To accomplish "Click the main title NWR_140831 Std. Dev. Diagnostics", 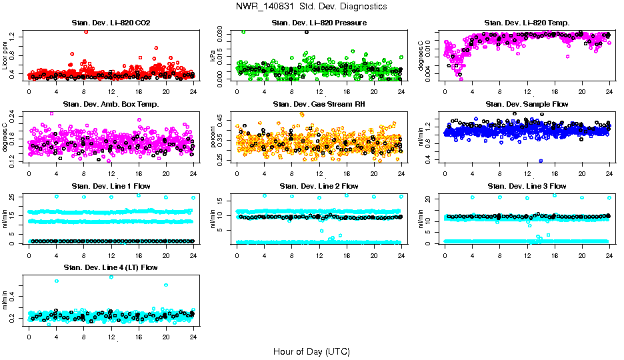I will [x=311, y=6].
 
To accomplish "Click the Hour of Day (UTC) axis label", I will [x=311, y=351].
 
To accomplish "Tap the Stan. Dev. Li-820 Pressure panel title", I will [x=319, y=23].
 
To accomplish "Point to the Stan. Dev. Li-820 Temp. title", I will [x=527, y=23].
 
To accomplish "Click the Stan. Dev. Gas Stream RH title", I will [x=319, y=105].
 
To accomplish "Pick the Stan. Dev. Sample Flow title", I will [x=527, y=105].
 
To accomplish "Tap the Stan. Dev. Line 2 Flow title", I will [x=319, y=186].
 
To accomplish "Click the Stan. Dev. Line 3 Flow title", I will [x=527, y=186].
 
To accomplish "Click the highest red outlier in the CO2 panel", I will [x=85, y=32].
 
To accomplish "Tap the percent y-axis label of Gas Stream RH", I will [x=213, y=137].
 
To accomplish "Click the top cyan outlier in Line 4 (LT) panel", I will [x=111, y=277].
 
